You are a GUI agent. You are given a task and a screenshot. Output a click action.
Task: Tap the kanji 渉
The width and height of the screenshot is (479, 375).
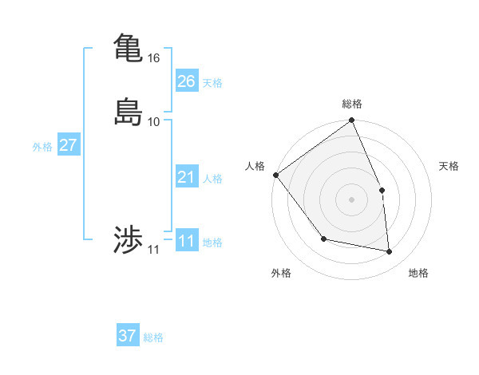coord(128,240)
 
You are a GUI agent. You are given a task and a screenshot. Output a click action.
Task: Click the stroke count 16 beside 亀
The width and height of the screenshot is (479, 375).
coord(154,58)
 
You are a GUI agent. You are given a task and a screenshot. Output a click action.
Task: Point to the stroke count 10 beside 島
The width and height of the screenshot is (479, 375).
coord(154,122)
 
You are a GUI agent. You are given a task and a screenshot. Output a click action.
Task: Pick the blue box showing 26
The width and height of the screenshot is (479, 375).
coord(186,81)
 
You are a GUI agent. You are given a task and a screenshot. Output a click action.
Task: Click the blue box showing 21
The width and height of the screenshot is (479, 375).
coord(186,177)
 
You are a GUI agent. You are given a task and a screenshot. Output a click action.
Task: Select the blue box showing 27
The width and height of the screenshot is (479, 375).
coord(68,145)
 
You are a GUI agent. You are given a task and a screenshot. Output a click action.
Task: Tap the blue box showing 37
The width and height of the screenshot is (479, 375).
coord(128,336)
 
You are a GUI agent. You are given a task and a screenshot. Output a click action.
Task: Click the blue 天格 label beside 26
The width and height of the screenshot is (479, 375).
coord(212,83)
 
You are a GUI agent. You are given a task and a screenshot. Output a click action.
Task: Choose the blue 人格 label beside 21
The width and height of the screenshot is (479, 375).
coord(212,179)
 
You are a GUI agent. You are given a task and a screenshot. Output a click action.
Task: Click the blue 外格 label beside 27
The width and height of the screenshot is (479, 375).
coord(42,147)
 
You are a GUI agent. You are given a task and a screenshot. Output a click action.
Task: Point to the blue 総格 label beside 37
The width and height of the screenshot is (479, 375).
coord(153,337)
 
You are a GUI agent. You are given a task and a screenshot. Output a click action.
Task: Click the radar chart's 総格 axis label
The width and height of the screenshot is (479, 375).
coord(352,104)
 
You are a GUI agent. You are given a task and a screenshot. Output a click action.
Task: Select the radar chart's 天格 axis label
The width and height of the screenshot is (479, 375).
coord(449,166)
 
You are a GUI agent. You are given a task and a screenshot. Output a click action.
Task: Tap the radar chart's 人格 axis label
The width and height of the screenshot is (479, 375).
coord(255,166)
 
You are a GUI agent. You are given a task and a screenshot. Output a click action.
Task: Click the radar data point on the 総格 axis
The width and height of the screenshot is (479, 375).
coord(352,121)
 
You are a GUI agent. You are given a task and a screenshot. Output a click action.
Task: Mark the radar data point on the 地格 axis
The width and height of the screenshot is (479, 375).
coord(390,252)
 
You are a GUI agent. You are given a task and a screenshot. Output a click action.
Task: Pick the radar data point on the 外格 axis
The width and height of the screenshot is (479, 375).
coord(323,239)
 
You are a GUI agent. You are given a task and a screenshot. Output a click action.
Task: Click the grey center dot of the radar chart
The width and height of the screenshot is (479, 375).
coord(352,199)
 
